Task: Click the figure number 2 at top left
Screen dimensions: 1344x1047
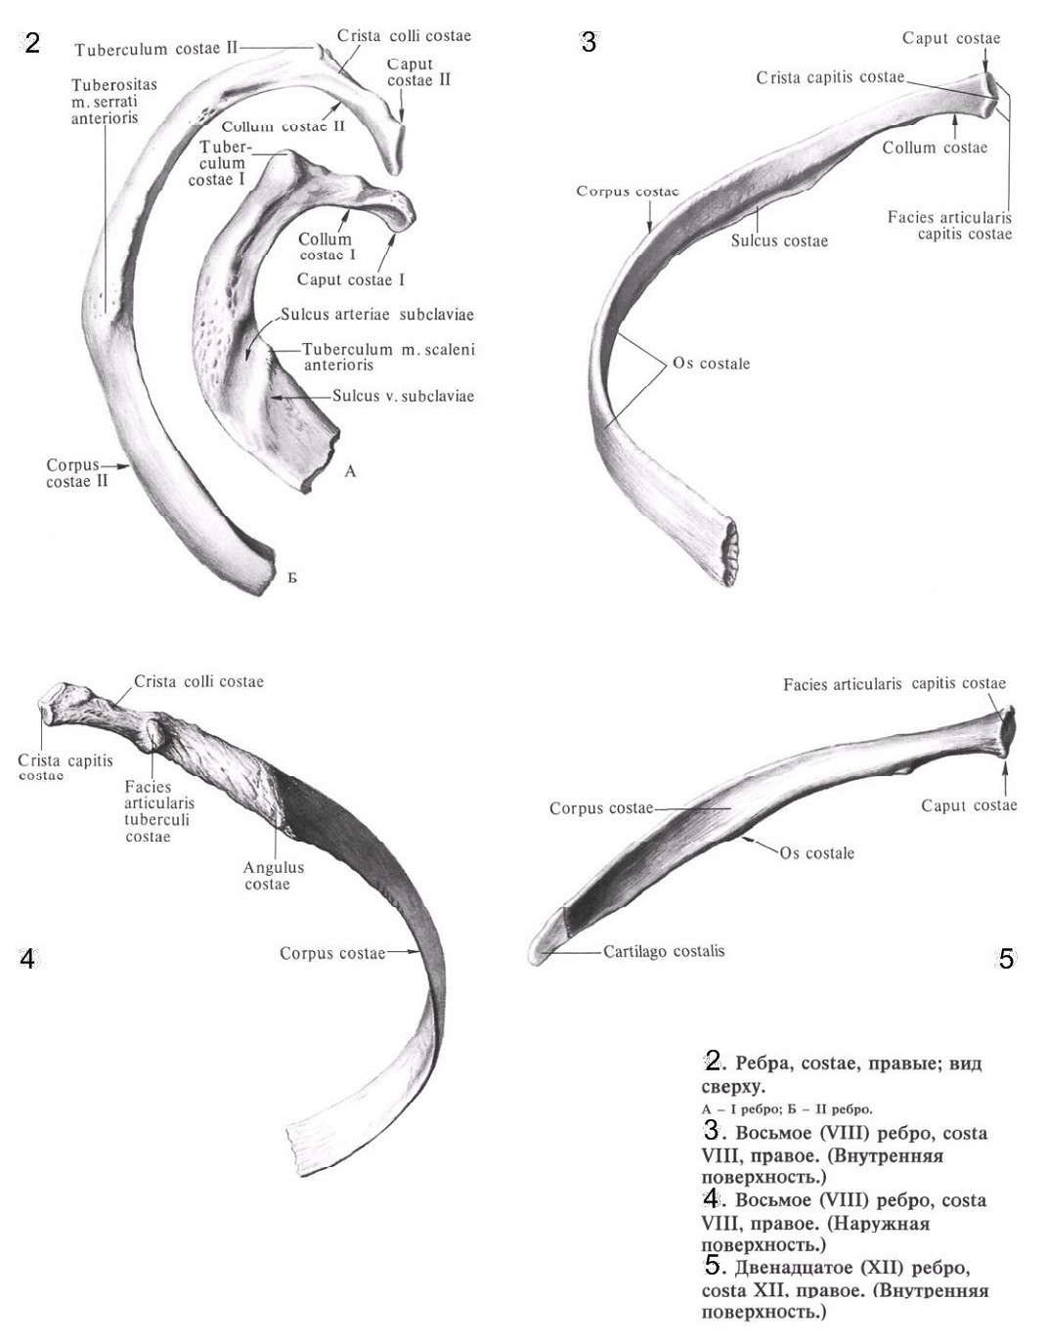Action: (x=32, y=43)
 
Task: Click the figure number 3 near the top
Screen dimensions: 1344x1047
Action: (x=589, y=42)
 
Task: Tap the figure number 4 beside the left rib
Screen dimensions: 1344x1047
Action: (x=27, y=959)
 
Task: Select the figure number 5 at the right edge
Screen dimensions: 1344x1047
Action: (x=1006, y=959)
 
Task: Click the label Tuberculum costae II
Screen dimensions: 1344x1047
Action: (x=155, y=48)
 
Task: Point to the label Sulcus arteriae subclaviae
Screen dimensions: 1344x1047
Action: (x=376, y=315)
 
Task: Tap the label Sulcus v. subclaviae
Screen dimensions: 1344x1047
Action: (x=403, y=396)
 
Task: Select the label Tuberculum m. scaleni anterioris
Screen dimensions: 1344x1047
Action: (x=388, y=357)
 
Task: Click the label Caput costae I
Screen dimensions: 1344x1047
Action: (x=351, y=280)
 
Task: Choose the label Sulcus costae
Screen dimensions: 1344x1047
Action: (x=779, y=240)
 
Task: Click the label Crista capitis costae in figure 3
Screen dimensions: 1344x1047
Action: (x=830, y=77)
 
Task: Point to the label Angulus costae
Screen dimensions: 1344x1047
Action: (x=273, y=876)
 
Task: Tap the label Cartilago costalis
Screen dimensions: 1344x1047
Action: (x=664, y=950)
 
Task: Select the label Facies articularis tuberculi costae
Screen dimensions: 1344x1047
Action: (x=159, y=811)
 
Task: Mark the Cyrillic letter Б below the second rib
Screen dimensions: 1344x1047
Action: (x=292, y=578)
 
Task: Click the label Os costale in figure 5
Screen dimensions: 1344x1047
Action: (x=816, y=853)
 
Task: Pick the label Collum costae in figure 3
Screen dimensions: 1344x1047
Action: (x=935, y=148)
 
